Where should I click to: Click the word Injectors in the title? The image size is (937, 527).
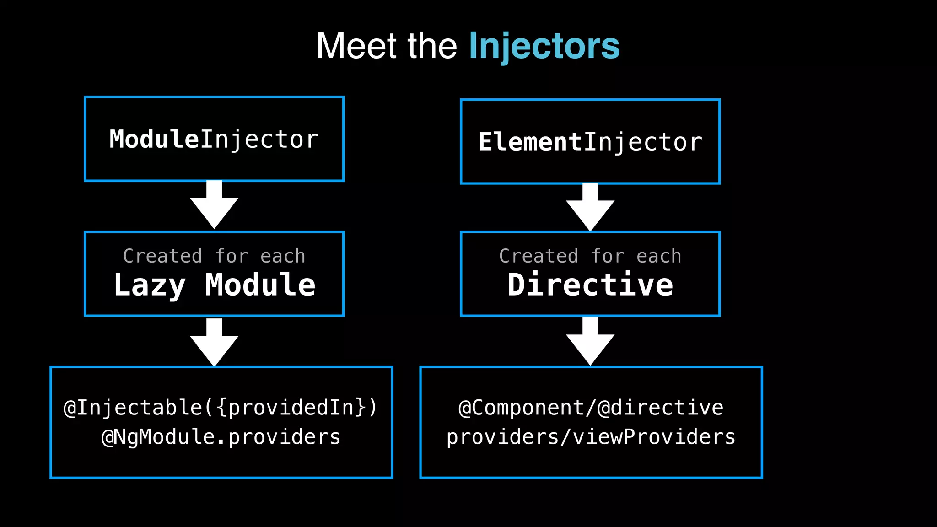[544, 46]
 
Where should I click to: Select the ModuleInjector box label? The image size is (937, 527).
[214, 140]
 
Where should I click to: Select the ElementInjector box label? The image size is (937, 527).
[590, 142]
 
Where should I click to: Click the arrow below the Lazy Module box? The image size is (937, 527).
[214, 343]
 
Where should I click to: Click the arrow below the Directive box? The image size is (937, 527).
[590, 342]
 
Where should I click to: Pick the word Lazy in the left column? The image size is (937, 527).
[150, 285]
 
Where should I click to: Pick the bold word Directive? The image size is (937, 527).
[590, 285]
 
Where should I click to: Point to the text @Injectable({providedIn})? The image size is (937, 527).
[221, 408]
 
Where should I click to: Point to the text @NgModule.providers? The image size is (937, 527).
[221, 437]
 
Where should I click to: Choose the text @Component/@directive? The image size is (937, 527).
[591, 408]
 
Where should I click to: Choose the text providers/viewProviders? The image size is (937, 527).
[591, 437]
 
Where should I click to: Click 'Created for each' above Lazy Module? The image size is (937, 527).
[214, 256]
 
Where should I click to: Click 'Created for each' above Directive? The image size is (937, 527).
[590, 256]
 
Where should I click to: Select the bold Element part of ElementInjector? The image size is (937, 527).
[530, 142]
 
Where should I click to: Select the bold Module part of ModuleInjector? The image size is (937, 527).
[154, 139]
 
